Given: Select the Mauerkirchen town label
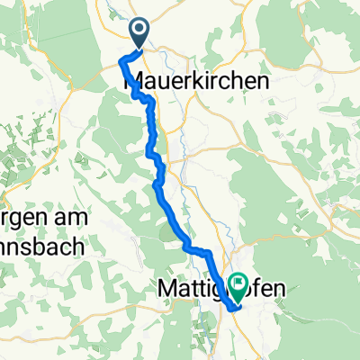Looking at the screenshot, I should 195,80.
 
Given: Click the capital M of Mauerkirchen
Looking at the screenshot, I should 130,80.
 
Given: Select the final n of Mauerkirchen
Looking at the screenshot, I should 265,80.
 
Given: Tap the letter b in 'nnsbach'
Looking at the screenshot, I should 45,244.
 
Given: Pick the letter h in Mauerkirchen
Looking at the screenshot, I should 238,80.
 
